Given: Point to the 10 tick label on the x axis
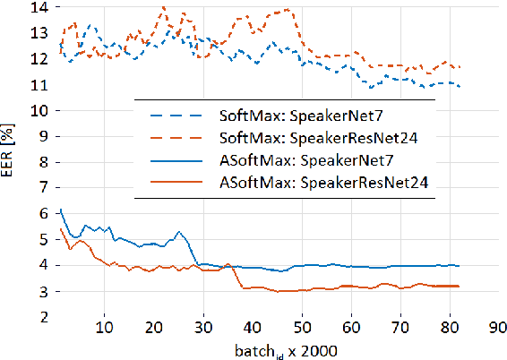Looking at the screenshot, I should (x=105, y=329).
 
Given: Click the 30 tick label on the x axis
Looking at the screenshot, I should (x=204, y=329).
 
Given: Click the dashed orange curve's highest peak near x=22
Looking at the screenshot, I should (x=163, y=7).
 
